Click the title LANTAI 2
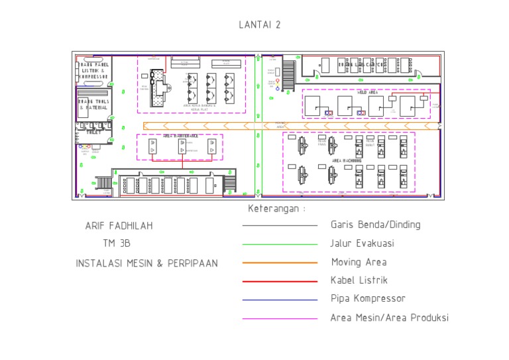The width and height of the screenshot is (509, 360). coord(260,25)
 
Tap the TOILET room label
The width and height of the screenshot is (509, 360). coord(95,132)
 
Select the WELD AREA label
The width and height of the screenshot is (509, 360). coord(368,93)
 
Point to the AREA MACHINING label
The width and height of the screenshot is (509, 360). coord(347,160)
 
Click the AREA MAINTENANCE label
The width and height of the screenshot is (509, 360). coord(180,136)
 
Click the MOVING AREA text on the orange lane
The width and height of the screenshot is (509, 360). coord(280,125)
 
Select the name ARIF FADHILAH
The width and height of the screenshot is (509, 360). coord(119,226)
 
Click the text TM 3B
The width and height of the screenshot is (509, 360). coord(117,243)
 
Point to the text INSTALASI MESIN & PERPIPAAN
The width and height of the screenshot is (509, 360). coord(146,263)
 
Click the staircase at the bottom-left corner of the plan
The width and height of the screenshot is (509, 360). coord(104,182)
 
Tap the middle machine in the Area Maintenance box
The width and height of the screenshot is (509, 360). coord(181,147)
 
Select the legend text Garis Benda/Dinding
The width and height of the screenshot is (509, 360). coord(375,225)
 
